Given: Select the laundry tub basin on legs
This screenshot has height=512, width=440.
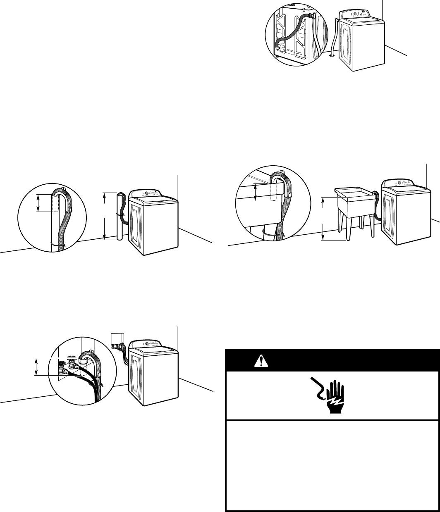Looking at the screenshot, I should click(x=355, y=201).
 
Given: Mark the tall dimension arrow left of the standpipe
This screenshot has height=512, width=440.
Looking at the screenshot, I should click(x=104, y=216).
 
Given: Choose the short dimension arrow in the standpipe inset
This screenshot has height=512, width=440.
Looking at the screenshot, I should click(x=38, y=203).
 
